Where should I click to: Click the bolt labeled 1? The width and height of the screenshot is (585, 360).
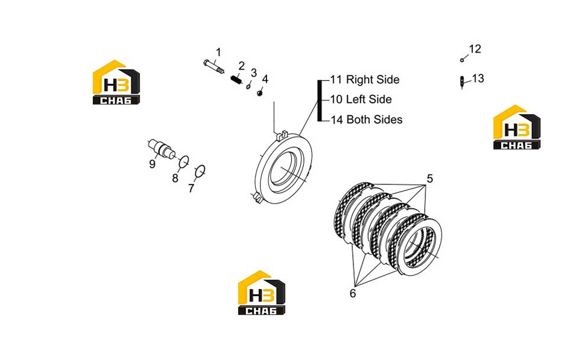pos(214,66)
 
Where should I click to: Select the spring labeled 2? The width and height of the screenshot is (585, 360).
pos(236,80)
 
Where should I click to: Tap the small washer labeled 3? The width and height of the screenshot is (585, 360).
pos(248,87)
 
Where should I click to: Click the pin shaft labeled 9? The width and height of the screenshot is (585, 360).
pos(162,148)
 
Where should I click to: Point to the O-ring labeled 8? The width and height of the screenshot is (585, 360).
pos(184,161)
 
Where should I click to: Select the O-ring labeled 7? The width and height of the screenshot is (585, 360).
pos(200,171)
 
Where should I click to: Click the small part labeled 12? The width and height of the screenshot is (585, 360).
pos(462,60)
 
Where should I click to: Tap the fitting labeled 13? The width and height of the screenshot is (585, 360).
pos(462,82)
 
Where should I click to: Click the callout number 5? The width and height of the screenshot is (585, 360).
pos(430,179)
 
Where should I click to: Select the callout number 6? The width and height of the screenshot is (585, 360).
pos(353,293)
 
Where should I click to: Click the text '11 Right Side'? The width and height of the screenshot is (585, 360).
pos(365,79)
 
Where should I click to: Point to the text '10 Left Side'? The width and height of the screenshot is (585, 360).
pos(361,99)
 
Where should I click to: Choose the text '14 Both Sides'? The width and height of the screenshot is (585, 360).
pos(366,119)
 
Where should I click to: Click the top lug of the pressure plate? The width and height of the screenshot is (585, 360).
pos(282,135)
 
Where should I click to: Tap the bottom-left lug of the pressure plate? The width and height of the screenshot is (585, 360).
pos(256,197)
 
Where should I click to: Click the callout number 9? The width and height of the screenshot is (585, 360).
pos(152,164)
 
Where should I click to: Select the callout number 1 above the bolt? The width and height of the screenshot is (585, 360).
pos(218,52)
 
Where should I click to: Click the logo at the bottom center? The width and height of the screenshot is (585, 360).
pos(262,293)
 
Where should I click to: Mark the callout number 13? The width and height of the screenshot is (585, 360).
pos(478,79)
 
